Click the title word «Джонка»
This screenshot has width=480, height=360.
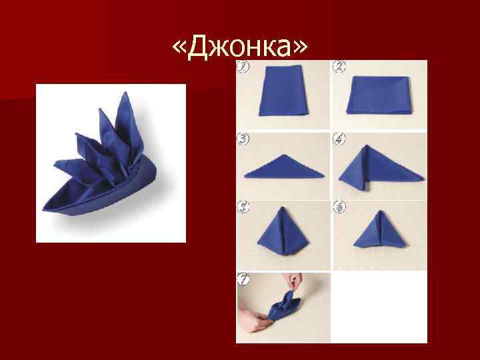[x=241, y=44]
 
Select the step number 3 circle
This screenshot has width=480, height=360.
[x=244, y=139]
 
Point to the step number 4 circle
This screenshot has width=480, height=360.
[x=340, y=139]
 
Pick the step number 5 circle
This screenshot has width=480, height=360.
[x=244, y=208]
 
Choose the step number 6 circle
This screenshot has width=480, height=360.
[x=340, y=208]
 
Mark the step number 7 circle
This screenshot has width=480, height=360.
[x=245, y=280]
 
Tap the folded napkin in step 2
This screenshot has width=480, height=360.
[x=379, y=97]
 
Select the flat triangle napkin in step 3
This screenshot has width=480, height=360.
[x=284, y=167]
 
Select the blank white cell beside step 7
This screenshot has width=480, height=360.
[x=379, y=307]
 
